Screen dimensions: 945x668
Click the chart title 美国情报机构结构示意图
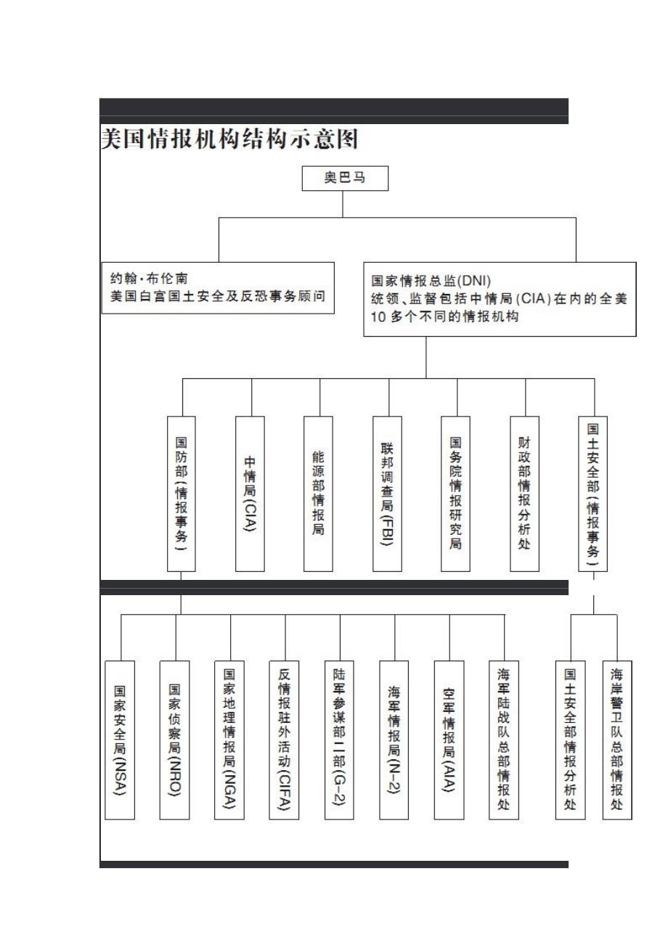229,139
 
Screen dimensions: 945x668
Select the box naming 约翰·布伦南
218,288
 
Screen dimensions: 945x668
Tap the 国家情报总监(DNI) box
500,299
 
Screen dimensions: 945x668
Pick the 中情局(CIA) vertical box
250,494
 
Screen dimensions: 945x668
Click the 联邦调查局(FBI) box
387,494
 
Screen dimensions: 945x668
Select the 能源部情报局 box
319,494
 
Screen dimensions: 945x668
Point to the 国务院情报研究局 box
455,494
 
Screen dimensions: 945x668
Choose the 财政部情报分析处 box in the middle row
524,494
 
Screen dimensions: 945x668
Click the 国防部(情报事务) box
182,494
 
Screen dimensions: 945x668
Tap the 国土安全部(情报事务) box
592,494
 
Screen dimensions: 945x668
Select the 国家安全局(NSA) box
120,740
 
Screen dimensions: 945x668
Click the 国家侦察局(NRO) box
175,740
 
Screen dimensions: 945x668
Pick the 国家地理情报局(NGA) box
229,740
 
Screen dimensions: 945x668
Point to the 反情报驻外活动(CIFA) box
285,740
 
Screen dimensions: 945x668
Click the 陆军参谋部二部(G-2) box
339,740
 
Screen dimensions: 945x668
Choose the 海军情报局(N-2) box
394,740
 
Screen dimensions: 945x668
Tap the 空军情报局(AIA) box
449,740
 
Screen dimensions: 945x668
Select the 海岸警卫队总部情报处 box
617,740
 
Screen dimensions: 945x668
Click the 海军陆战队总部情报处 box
504,740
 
